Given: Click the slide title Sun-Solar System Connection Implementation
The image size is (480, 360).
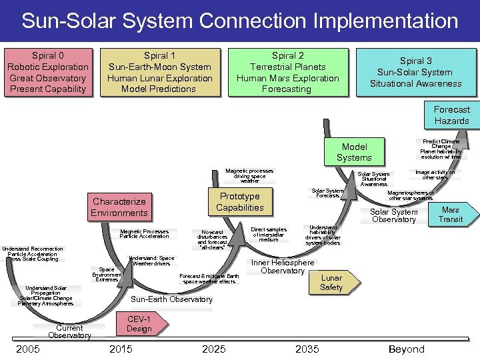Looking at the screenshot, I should [240, 21].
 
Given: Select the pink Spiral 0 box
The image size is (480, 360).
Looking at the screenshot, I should [47, 72].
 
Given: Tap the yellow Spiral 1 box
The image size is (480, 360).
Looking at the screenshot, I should [159, 72].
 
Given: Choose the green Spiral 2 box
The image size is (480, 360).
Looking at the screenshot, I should [287, 72].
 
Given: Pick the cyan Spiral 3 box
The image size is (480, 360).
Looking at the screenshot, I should [415, 72].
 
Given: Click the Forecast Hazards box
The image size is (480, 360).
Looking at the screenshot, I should [451, 115].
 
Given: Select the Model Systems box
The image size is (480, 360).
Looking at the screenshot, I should [353, 152].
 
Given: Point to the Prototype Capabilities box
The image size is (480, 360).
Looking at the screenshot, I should [239, 202].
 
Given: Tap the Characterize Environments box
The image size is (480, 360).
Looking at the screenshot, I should [119, 207].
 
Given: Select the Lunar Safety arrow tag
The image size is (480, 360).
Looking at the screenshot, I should [332, 283].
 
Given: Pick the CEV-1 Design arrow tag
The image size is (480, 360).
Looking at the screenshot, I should [139, 323].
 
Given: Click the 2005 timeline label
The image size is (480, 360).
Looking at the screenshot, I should [27, 349].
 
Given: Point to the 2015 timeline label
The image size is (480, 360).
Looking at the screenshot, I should [120, 349].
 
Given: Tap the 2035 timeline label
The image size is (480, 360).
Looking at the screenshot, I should [307, 349].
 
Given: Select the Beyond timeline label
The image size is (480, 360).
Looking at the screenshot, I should [406, 349].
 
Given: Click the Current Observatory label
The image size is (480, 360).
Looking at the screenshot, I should [69, 331].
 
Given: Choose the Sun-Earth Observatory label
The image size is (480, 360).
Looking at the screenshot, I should [171, 299].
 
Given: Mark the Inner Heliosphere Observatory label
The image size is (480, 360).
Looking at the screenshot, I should [283, 267].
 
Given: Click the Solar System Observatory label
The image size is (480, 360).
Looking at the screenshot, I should [394, 215].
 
